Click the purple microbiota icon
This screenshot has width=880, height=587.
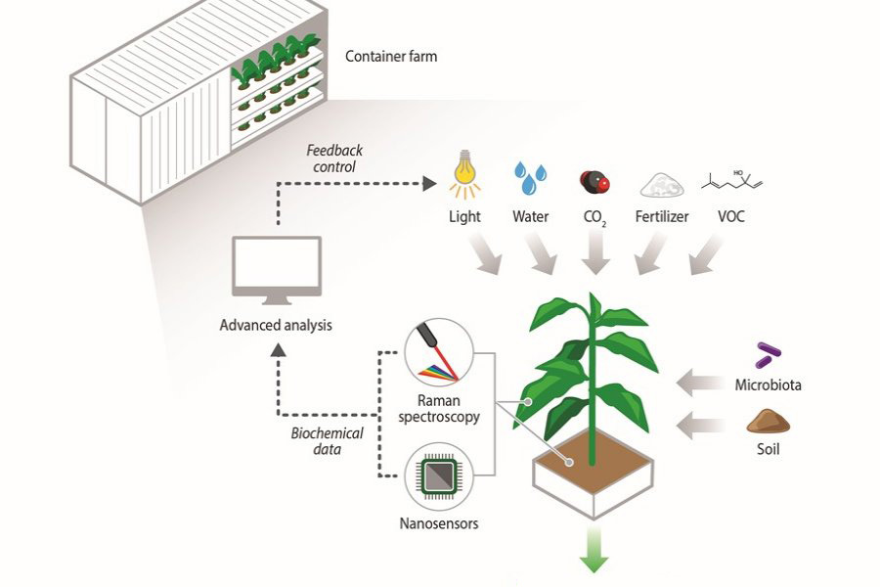point(769,354)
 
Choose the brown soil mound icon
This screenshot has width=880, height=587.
point(768,422)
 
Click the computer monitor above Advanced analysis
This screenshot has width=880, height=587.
point(276,267)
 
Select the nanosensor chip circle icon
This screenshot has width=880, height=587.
point(439,474)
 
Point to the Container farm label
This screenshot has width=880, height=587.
point(391,57)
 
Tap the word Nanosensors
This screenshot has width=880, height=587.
point(439,523)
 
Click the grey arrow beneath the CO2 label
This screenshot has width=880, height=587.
point(593,255)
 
